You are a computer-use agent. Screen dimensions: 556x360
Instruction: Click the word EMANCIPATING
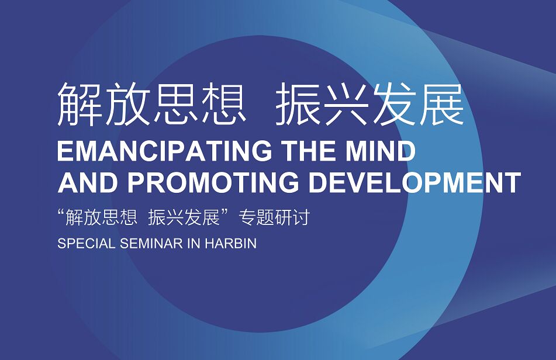coord(165,151)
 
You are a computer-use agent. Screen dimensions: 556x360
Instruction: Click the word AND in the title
coord(88,182)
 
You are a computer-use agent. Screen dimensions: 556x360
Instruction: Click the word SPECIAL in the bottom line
coord(87,244)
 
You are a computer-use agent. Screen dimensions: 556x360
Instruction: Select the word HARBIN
coord(231,244)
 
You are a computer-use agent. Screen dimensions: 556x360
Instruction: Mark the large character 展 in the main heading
coord(442,103)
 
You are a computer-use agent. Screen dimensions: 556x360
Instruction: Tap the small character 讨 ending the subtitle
coord(302,217)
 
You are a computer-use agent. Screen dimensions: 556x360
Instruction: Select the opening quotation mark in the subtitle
coord(61,213)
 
